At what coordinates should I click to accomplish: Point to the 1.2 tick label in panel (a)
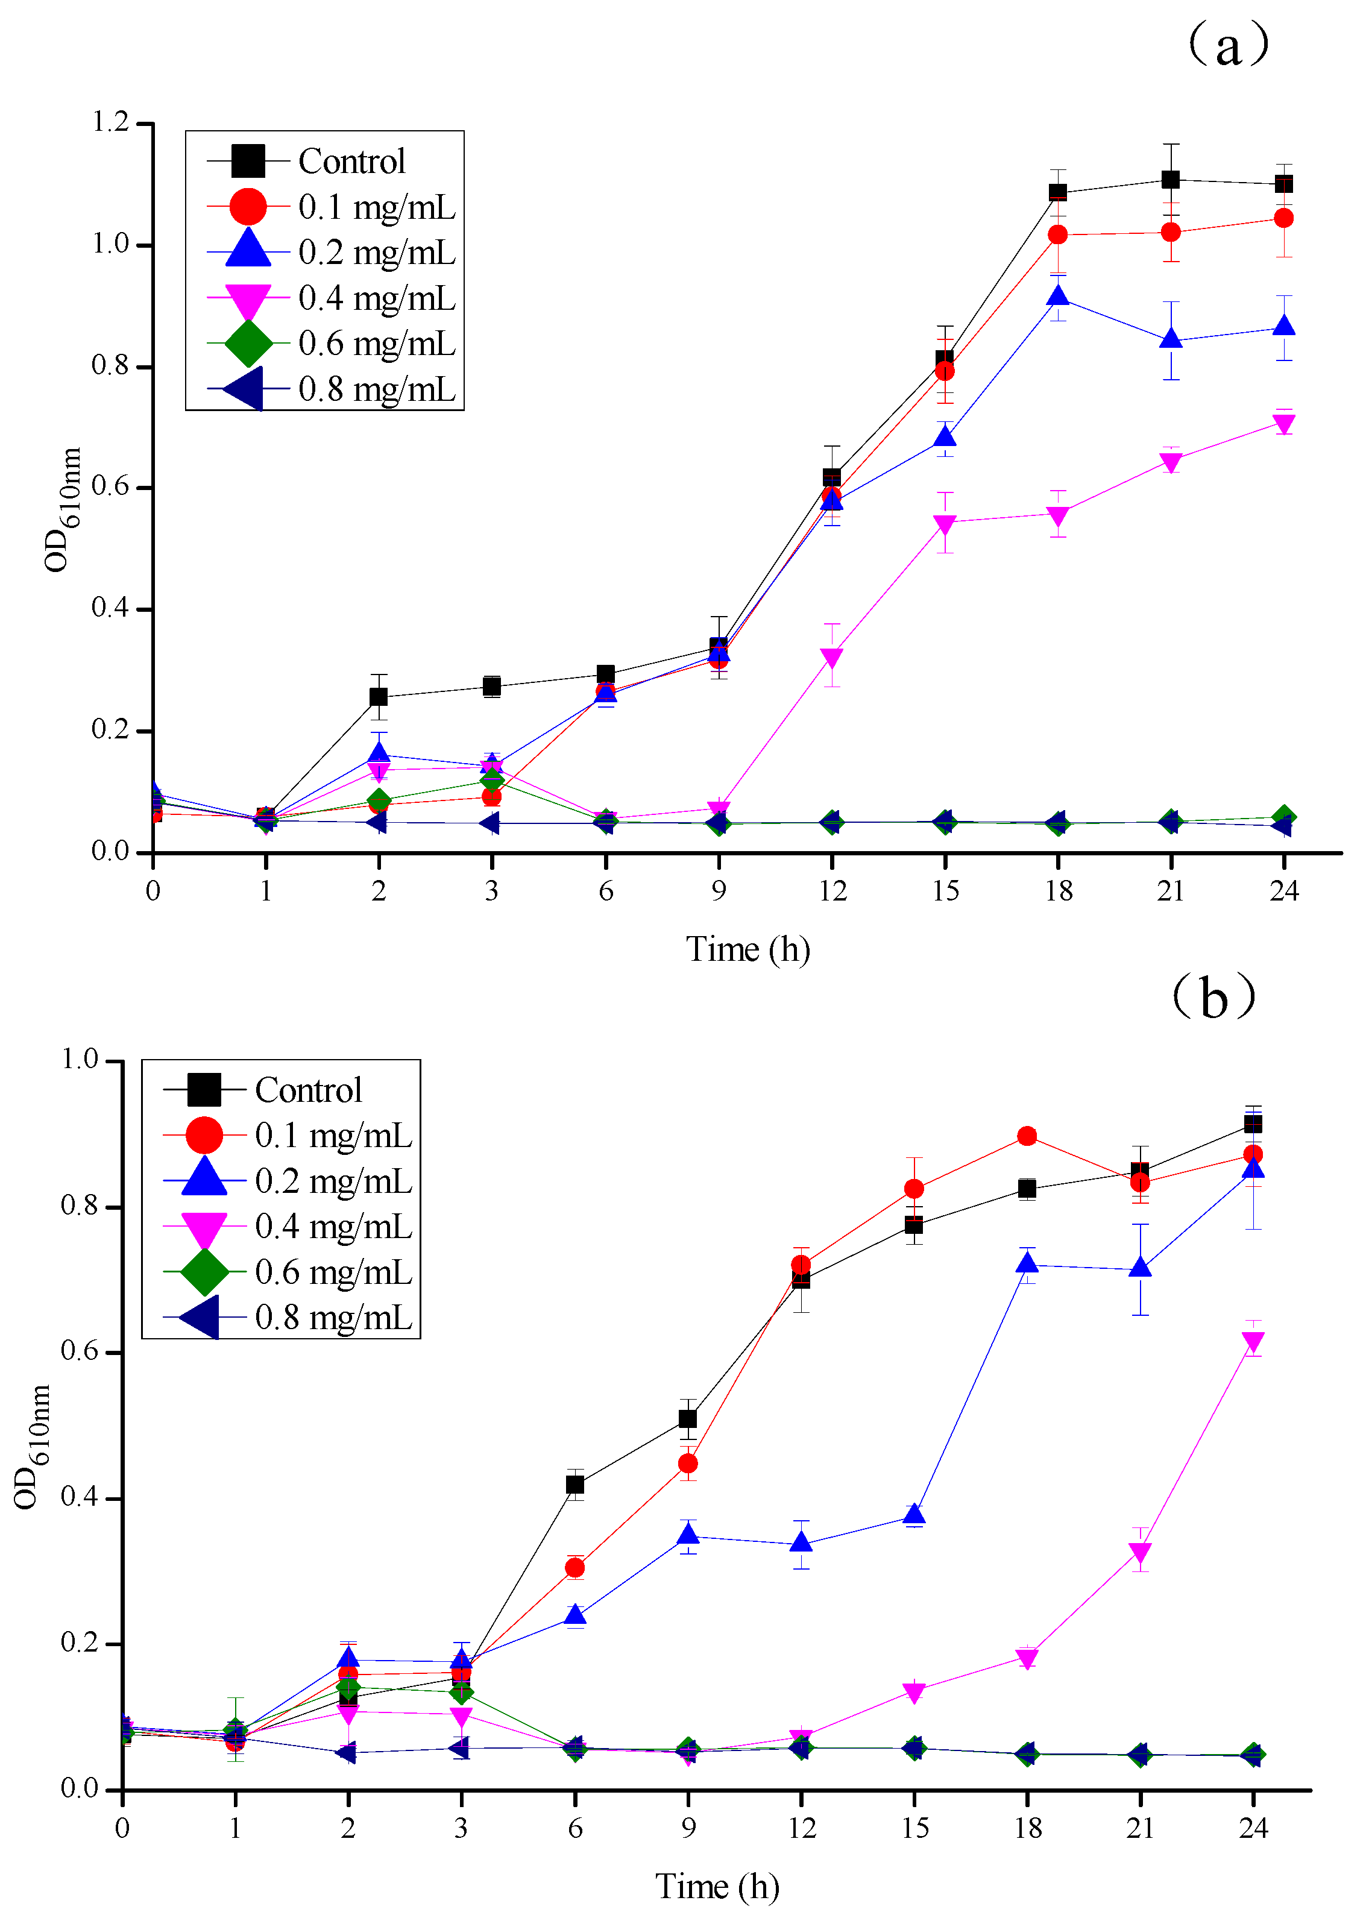110,123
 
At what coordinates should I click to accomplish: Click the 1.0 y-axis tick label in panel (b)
80,1060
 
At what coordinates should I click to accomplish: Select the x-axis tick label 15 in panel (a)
945,891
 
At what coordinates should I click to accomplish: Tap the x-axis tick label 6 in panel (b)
574,1828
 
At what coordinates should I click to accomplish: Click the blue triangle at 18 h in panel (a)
1057,296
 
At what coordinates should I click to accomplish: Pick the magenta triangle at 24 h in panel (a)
1283,424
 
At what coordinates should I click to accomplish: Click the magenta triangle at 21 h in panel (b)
1140,1553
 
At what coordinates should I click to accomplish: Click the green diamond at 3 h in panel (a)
492,781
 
